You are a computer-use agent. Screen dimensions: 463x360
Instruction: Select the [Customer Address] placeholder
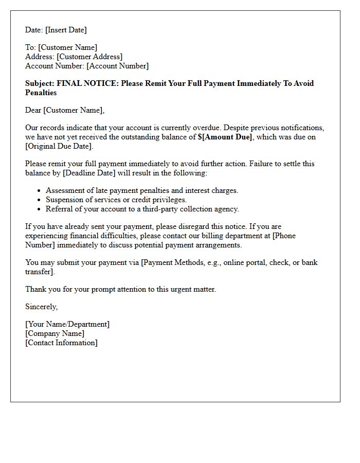pos(89,57)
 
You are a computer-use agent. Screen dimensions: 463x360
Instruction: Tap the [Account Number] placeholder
pos(117,66)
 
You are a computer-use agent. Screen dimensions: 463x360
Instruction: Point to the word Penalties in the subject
pos(41,93)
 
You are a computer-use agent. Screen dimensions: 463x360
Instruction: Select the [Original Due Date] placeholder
pos(59,146)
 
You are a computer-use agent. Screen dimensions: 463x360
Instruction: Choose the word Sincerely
pos(41,307)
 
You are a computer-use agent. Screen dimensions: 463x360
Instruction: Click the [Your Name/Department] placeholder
pos(67,324)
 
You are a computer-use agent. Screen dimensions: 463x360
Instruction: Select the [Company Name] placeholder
pos(55,333)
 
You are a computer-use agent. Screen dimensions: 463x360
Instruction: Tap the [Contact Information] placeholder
pos(61,343)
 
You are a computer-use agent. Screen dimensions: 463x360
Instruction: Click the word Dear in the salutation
pos(33,110)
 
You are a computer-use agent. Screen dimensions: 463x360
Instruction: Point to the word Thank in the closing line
pos(35,289)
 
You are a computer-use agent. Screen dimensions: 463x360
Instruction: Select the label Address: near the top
pos(40,57)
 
